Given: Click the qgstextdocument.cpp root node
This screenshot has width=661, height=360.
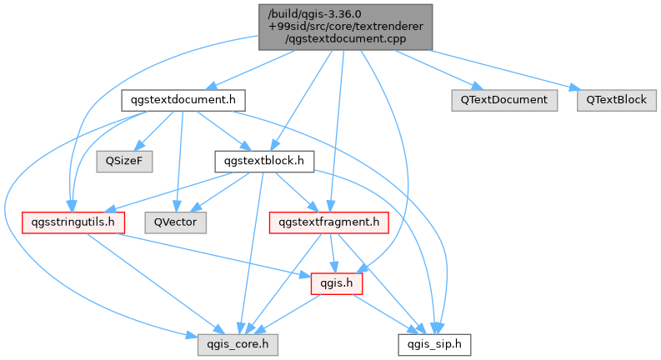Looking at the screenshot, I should point(345,27).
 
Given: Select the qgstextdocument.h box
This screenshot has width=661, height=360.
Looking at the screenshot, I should point(183,100).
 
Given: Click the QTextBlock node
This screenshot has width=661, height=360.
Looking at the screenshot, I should point(616,100).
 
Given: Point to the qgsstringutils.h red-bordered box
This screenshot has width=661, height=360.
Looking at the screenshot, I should point(73,222).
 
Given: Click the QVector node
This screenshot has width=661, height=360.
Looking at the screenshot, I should point(176,222).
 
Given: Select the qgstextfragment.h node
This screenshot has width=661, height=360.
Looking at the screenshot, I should point(329,222).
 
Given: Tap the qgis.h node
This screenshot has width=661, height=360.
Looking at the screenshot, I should point(331,283).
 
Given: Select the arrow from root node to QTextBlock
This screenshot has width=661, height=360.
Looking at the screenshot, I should point(500,67).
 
